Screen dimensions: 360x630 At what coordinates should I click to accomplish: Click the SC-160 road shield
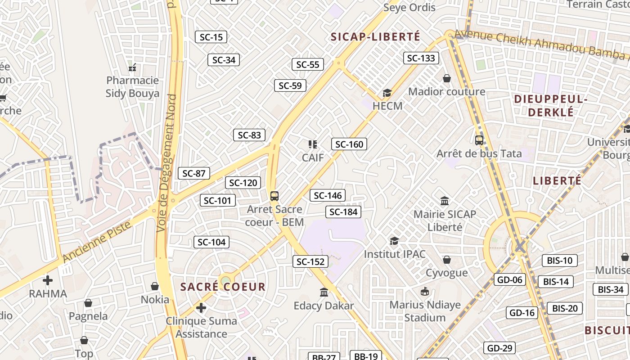tap(349, 144)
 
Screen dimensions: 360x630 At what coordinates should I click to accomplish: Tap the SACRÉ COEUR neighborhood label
tap(223, 287)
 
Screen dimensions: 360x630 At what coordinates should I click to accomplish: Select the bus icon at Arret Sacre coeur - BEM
tap(274, 196)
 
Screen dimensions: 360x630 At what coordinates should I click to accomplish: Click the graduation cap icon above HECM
tap(387, 93)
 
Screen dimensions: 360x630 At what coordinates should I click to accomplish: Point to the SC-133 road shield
tap(421, 58)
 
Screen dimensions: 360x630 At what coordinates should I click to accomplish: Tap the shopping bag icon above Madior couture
tap(447, 79)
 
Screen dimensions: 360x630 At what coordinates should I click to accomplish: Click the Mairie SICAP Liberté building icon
tap(445, 201)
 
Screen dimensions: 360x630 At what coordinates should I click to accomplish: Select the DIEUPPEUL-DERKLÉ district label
tap(551, 105)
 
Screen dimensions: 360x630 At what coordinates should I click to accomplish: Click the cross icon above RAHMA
tap(48, 280)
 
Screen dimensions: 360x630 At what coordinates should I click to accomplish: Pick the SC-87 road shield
tap(194, 173)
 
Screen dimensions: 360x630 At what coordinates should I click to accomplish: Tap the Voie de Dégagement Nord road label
tap(166, 163)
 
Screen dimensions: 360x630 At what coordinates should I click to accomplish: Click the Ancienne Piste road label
tap(97, 242)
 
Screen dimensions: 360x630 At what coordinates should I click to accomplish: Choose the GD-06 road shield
tap(509, 279)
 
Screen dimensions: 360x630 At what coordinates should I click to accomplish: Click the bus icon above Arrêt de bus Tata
tap(479, 140)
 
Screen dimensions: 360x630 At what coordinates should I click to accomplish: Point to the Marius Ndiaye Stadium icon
tap(425, 292)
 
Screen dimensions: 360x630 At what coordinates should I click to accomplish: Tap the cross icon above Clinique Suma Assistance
tap(201, 308)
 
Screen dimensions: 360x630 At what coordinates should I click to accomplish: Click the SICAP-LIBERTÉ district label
tap(375, 36)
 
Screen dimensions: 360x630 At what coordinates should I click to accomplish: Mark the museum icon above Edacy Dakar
tap(324, 292)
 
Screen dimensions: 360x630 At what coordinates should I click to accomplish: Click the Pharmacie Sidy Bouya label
tap(132, 87)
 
